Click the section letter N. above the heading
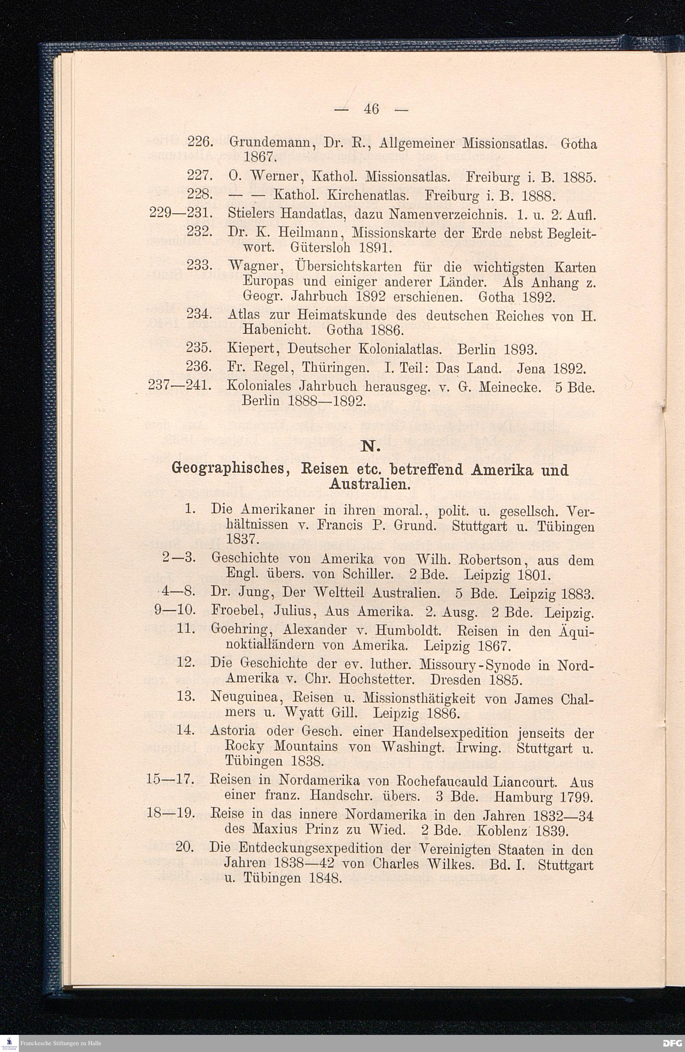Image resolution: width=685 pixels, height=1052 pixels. click(371, 448)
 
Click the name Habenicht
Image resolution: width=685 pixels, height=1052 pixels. click(279, 330)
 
